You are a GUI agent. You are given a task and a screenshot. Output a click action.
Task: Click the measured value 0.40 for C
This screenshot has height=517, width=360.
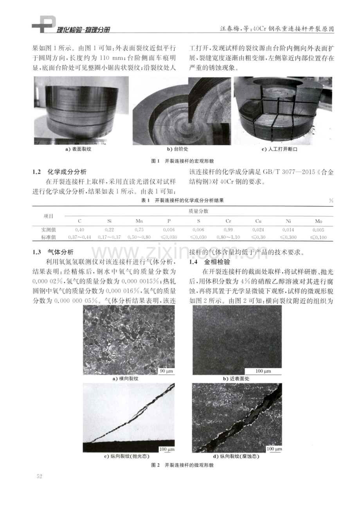pos(79,230)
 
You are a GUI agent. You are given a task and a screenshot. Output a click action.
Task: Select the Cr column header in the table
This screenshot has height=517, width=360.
pos(228,221)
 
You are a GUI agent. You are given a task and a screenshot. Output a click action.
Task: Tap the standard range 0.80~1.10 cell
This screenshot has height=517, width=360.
pos(228,237)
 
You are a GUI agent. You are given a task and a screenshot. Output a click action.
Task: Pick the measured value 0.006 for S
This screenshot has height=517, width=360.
pos(198,230)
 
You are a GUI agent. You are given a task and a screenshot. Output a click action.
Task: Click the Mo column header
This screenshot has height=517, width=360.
pos(319,221)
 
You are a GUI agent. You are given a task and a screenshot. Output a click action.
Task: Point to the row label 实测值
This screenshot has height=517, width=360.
pos(49,230)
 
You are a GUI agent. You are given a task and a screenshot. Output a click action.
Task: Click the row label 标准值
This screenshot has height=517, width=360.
pos(49,237)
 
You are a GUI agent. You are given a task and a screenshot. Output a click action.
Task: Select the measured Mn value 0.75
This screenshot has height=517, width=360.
pos(139,230)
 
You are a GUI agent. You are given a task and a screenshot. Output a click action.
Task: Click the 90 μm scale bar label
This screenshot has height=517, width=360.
pos(166,371)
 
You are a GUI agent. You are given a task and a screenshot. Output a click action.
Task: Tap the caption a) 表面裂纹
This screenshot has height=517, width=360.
pos(79,149)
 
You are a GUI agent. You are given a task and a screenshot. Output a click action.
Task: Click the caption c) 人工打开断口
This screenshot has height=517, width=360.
pos(279,149)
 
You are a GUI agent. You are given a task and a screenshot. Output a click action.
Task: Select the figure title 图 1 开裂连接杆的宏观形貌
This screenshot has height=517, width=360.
pos(182,161)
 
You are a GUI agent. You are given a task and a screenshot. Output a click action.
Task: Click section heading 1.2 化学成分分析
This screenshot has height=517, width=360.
pos(59,172)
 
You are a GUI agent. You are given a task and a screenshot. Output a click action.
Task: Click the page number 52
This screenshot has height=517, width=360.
pos(40,476)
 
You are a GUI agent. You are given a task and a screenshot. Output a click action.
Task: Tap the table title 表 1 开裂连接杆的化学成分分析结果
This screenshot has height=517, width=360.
pos(182,200)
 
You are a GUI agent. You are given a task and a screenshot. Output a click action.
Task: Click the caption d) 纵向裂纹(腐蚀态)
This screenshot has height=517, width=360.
pos(236,456)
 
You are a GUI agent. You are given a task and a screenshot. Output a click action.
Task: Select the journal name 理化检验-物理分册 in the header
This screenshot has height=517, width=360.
pos(83,29)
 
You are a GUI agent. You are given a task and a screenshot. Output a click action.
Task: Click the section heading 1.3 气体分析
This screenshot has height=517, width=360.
pos(53,252)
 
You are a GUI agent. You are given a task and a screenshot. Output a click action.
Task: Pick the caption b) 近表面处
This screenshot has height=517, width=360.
pos(236,378)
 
